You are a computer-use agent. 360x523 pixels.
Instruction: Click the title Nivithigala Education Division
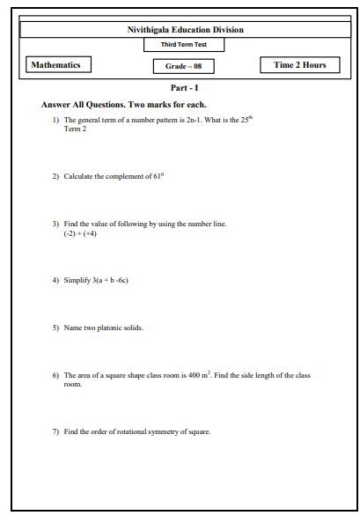tap(186, 30)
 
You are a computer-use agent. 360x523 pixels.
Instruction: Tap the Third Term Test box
tap(185, 45)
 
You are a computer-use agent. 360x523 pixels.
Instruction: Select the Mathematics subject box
tap(55, 65)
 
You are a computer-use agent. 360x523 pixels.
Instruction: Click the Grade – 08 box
tap(184, 66)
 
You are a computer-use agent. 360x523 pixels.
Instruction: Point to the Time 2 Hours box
tap(300, 65)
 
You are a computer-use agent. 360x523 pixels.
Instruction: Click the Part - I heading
tap(186, 88)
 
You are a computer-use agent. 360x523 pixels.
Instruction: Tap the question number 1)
tap(55, 119)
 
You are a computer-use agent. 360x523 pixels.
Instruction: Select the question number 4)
tap(55, 281)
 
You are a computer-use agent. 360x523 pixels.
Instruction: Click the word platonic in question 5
tap(111, 328)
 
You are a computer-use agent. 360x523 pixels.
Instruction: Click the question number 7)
tap(55, 431)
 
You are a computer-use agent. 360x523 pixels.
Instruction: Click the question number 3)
tap(55, 224)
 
